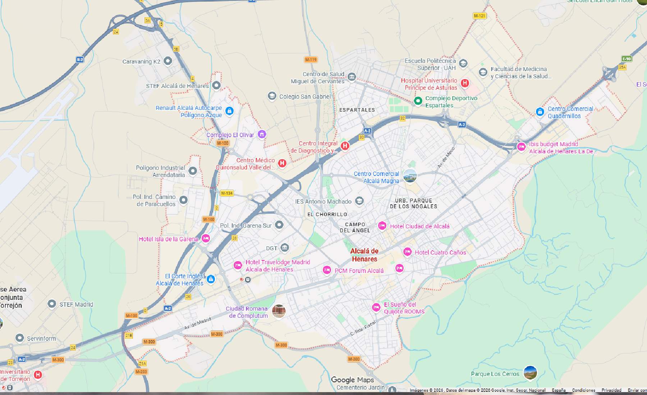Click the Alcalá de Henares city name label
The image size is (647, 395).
point(364,255)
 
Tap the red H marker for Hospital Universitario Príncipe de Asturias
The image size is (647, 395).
point(465,83)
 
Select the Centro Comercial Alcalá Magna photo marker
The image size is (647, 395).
point(410,176)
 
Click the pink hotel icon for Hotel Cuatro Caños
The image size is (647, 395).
point(407,252)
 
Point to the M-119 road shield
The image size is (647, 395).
point(311,60)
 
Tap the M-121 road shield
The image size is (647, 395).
point(479,16)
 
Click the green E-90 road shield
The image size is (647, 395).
point(627,59)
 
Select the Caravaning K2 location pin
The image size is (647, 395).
point(168,61)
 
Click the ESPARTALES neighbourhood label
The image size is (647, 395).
point(357,110)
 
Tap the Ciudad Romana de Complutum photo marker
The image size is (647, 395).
point(279,311)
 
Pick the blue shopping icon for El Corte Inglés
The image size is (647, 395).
point(211,279)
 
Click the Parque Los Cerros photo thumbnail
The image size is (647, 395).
point(530,373)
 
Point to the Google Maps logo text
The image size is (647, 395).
point(352,380)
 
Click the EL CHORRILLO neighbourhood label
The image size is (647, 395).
point(327,214)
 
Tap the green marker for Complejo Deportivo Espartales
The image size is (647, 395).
point(418,101)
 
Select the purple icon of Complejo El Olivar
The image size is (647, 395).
point(262,134)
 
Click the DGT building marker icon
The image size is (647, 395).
point(285,247)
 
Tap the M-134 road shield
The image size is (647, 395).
point(227,193)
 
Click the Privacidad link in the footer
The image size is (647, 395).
point(611,390)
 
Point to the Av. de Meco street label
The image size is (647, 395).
point(446,158)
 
